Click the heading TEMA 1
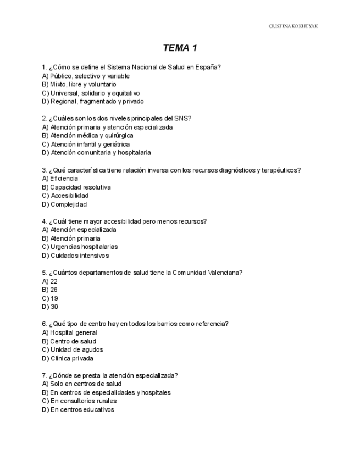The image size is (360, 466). [x=180, y=48]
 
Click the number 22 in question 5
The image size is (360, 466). [x=54, y=281]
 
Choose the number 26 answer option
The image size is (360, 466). [x=54, y=290]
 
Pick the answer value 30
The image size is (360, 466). [x=54, y=307]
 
